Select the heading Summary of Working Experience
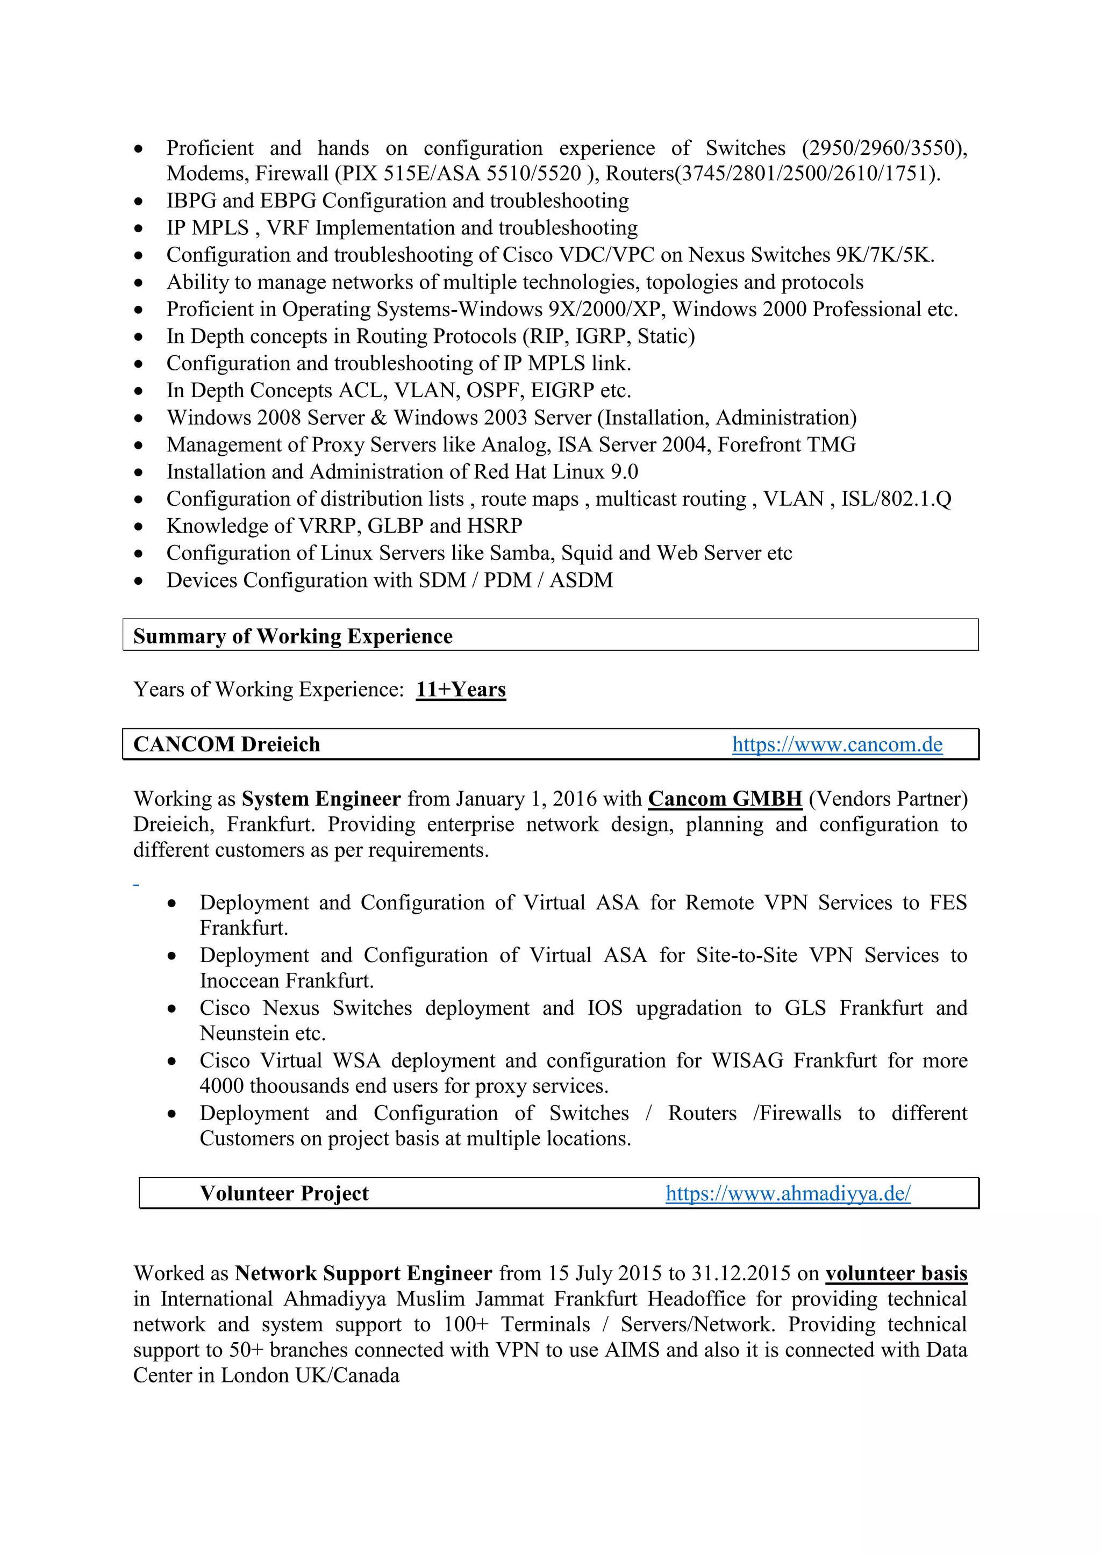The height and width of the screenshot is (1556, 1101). (292, 636)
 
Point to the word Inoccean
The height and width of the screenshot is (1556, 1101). (239, 981)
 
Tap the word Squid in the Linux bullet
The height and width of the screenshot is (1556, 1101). (587, 553)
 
